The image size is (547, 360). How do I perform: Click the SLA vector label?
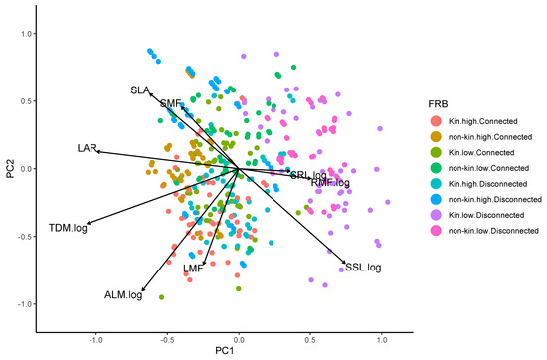pyautogui.click(x=140, y=90)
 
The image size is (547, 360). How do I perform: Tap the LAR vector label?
pyautogui.click(x=87, y=149)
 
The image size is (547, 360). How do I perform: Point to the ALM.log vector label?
pyautogui.click(x=123, y=295)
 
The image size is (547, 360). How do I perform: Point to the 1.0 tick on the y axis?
pyautogui.click(x=23, y=33)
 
